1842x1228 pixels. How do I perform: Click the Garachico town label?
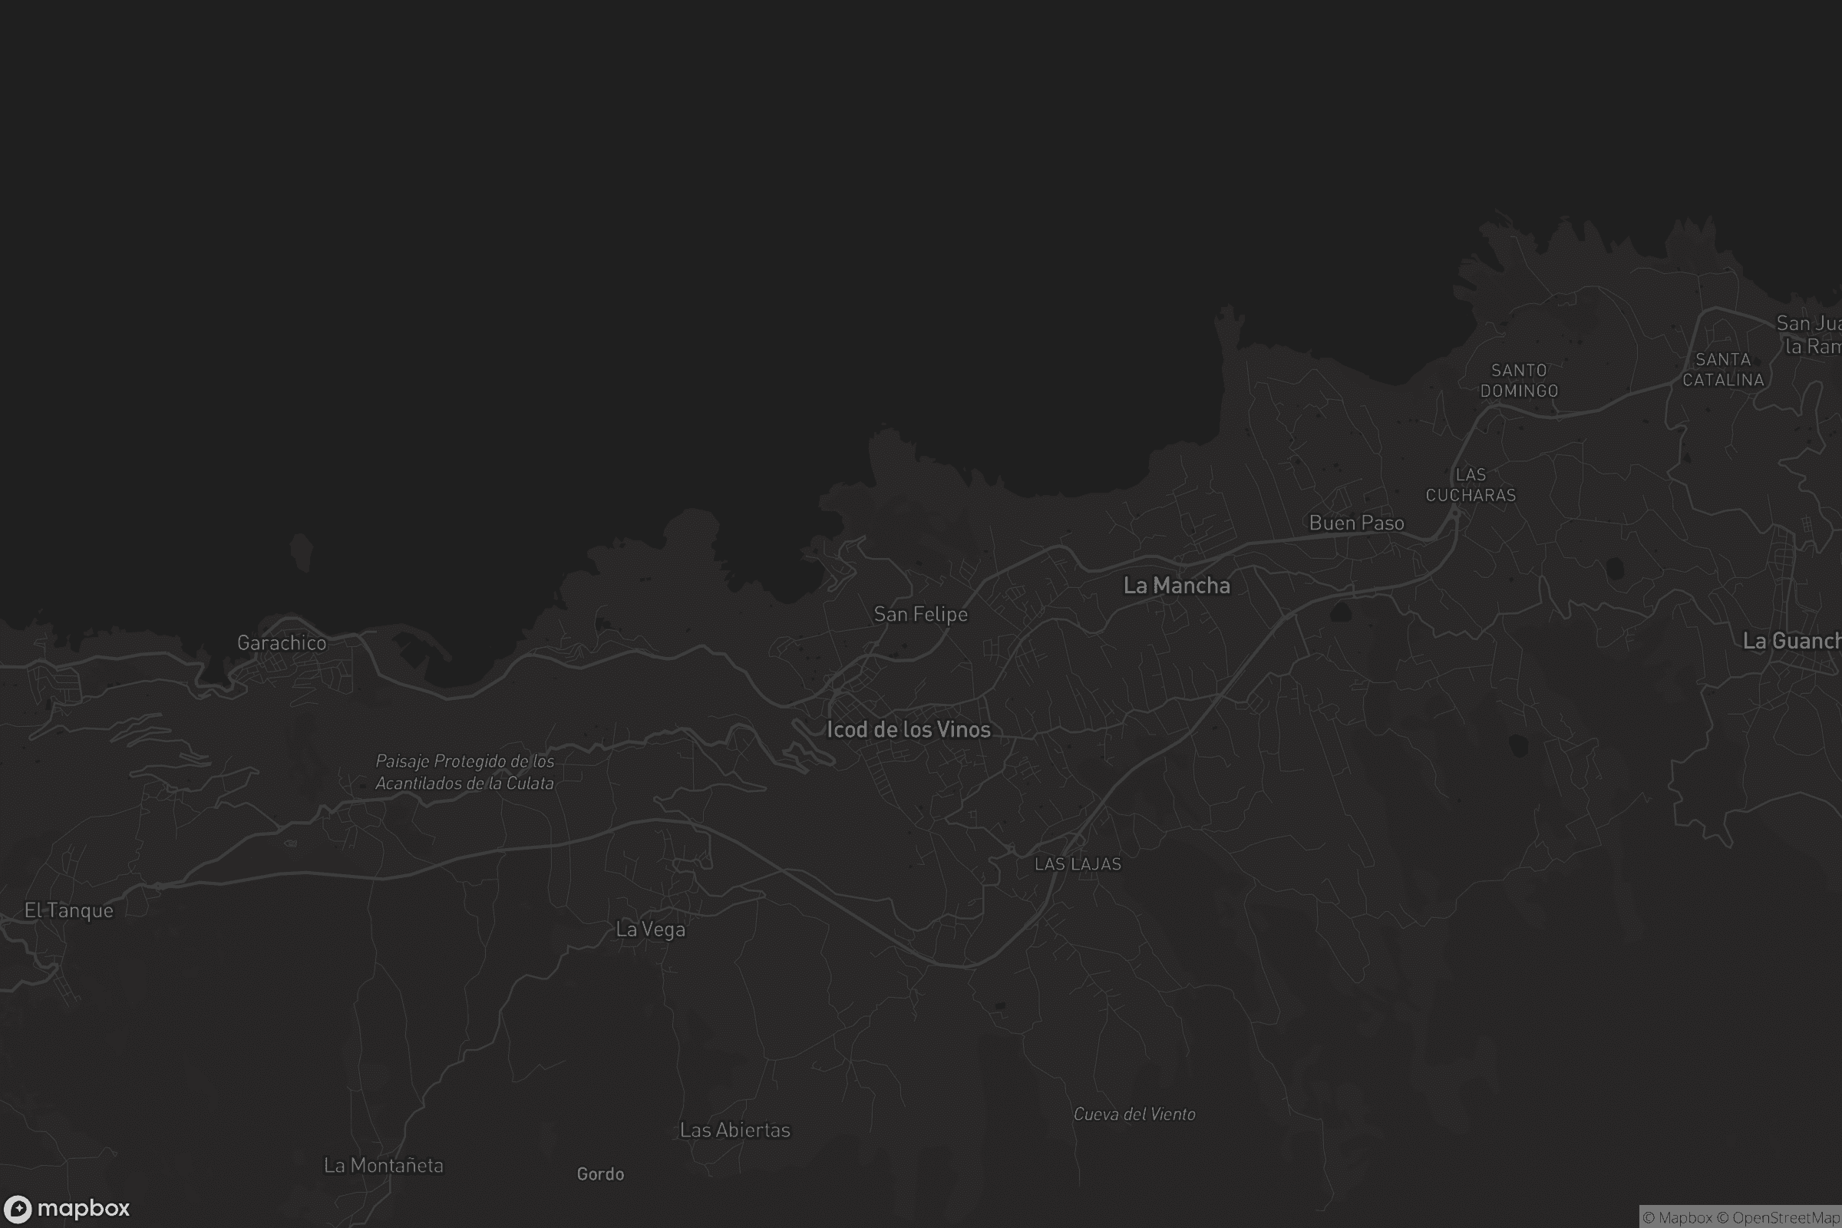(281, 643)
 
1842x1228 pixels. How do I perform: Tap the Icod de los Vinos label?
(909, 730)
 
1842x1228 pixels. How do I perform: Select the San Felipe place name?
(920, 615)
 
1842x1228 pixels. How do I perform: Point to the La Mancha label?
(1177, 586)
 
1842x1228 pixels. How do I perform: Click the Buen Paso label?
(1356, 523)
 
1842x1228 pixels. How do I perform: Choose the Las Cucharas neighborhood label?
(1470, 485)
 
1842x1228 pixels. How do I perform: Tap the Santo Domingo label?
(1519, 381)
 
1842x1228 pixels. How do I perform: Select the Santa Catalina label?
(1723, 370)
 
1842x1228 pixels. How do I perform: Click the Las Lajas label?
(1078, 864)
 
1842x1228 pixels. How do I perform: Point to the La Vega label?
(650, 929)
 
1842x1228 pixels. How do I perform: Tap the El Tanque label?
(69, 911)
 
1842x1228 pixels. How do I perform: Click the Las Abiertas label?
(734, 1130)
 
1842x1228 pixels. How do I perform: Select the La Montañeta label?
(383, 1165)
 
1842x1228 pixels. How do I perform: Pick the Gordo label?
(600, 1174)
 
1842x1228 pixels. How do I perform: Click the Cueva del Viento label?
(1134, 1114)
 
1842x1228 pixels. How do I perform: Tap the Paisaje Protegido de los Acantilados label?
(464, 772)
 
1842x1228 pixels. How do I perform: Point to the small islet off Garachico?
(301, 551)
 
